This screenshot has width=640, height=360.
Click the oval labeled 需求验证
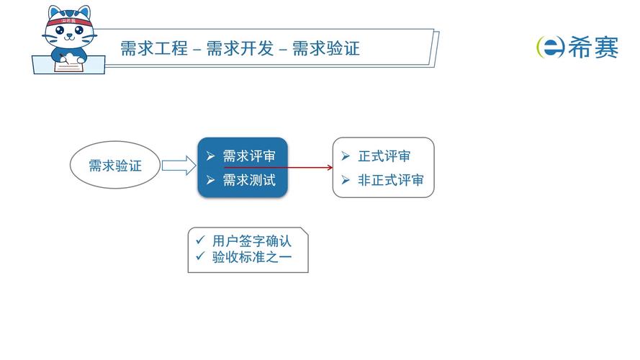(114, 166)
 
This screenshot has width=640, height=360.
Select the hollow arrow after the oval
(179, 166)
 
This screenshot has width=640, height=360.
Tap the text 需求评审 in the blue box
(248, 156)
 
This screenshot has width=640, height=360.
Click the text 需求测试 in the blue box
(248, 180)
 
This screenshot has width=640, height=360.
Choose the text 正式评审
(384, 156)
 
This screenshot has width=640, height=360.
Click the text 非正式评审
(391, 180)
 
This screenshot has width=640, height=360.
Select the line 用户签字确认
(252, 241)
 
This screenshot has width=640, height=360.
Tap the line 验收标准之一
(252, 257)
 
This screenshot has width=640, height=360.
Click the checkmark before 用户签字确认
(199, 240)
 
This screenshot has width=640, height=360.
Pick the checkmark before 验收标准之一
(199, 256)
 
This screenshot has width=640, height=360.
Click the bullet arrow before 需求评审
(210, 156)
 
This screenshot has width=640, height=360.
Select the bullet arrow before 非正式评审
(346, 180)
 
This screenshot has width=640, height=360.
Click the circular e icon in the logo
(549, 47)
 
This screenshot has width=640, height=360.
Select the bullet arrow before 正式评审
(346, 156)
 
